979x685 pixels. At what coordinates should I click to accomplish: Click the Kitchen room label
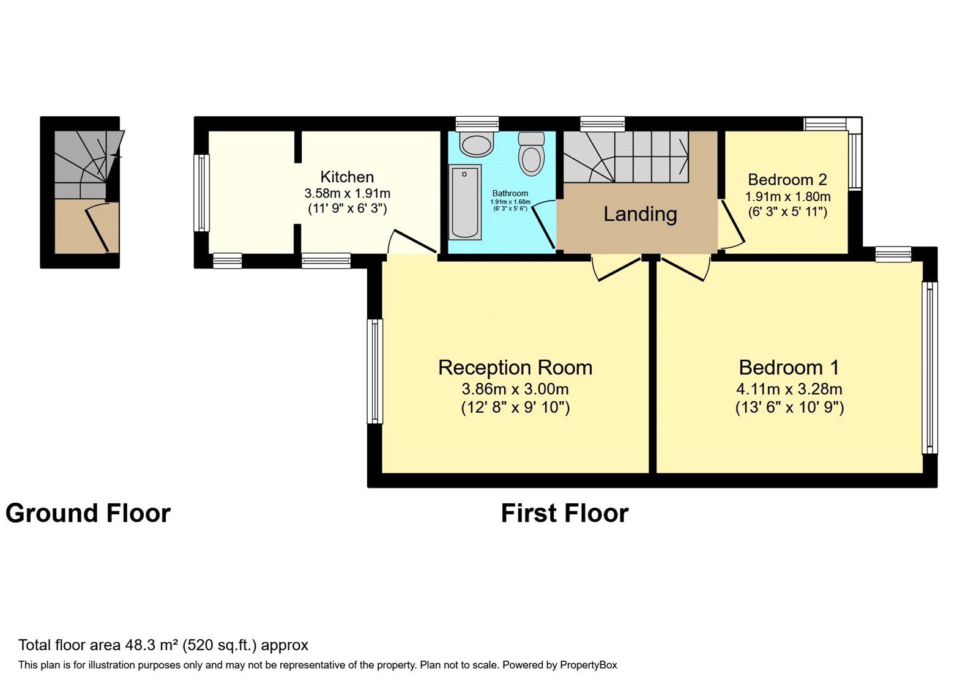tap(347, 177)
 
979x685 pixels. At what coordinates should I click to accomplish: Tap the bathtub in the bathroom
tap(464, 202)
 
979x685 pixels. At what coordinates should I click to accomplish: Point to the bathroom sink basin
tap(477, 144)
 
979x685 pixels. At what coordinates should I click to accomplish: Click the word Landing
tap(640, 214)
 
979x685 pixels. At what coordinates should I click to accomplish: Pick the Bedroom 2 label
tap(787, 180)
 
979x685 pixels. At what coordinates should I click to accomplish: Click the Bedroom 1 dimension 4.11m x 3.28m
tap(789, 389)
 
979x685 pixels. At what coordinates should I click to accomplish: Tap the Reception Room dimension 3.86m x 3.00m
tap(515, 389)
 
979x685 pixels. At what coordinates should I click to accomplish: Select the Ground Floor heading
tap(88, 513)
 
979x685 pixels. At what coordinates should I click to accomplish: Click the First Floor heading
tap(565, 513)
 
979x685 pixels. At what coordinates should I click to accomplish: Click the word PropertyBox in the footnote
tap(588, 665)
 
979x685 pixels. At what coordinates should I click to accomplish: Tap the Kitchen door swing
tap(411, 242)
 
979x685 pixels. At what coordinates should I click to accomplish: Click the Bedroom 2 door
tap(732, 224)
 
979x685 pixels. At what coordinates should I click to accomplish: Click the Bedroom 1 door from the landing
tap(685, 268)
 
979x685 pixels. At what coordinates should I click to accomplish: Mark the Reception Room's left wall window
tap(374, 371)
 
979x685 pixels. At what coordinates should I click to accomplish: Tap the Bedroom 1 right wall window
tap(929, 368)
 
